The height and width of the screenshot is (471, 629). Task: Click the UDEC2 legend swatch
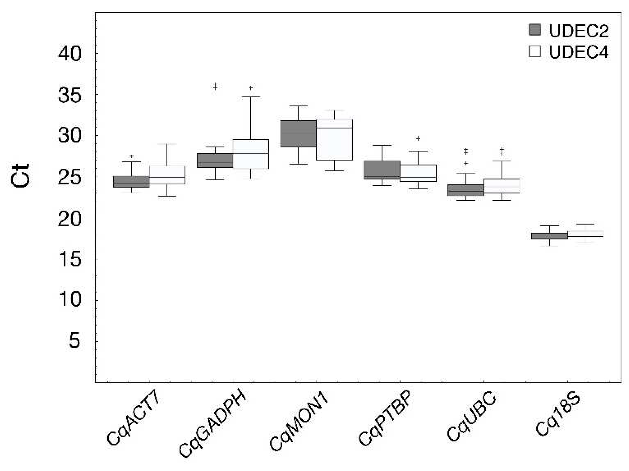[x=535, y=30]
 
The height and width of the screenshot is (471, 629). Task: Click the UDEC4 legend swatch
[x=535, y=51]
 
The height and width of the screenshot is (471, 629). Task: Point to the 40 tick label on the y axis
[x=70, y=54]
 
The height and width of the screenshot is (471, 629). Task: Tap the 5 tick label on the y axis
[x=74, y=341]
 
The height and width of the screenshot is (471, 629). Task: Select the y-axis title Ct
[x=20, y=176]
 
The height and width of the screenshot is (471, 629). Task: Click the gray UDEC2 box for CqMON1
[x=298, y=133]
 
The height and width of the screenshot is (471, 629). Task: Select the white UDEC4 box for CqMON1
[x=334, y=140]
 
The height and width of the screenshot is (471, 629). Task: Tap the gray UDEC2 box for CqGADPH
[x=215, y=160]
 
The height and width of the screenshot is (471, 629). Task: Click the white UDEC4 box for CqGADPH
[x=251, y=154]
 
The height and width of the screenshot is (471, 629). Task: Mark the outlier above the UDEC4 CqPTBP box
[x=418, y=139]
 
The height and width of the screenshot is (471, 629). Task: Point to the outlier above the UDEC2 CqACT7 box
[x=131, y=156]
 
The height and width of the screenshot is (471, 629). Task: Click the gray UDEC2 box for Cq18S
[x=549, y=236]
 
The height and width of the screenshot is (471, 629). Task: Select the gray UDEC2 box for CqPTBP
[x=382, y=170]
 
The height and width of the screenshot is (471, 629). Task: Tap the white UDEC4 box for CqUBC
[x=502, y=186]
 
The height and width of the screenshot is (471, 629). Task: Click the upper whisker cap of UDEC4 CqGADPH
[x=251, y=97]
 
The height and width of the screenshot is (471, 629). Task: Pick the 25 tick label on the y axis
[x=70, y=177]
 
